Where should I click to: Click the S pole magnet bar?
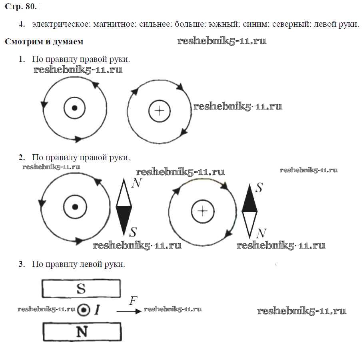(x=81, y=288)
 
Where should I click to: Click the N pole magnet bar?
(x=82, y=332)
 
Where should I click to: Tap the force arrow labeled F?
(x=129, y=311)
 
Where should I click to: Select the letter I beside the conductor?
(x=97, y=310)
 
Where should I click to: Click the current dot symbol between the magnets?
(x=84, y=310)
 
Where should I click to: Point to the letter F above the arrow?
(x=134, y=301)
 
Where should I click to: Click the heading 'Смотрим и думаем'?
(x=44, y=42)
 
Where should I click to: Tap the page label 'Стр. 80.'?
(x=21, y=6)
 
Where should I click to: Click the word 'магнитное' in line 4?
(x=114, y=24)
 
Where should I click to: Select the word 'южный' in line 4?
(x=223, y=24)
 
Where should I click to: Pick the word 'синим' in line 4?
(x=255, y=24)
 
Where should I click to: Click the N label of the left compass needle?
(x=137, y=183)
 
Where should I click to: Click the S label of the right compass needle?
(x=259, y=187)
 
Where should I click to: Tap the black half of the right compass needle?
(x=249, y=199)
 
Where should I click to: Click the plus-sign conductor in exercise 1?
(x=159, y=111)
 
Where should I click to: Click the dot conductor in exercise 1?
(x=74, y=108)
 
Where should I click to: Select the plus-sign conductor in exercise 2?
(x=203, y=211)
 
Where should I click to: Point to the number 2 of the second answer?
(x=22, y=157)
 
